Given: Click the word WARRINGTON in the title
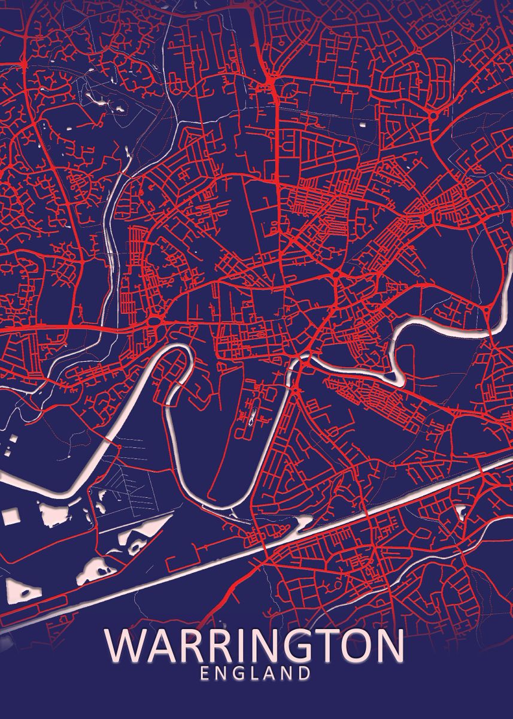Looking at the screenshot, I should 255,647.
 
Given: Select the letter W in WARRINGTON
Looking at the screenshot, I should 125,647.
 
